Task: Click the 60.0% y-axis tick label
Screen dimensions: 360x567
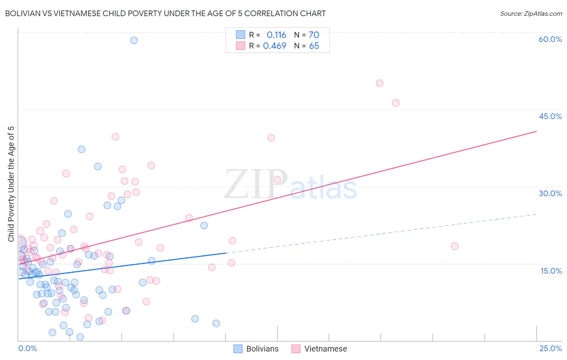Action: (x=550, y=39)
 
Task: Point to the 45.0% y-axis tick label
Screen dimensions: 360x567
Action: (x=550, y=116)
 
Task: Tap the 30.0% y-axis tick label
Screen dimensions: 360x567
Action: (x=550, y=193)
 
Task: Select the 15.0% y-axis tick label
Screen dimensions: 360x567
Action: (x=551, y=271)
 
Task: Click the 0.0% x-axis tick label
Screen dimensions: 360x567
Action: (x=27, y=348)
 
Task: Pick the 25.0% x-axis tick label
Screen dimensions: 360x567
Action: (x=550, y=348)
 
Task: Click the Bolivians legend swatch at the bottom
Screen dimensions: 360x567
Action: (x=238, y=349)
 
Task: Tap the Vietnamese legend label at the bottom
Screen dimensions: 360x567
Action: (x=325, y=349)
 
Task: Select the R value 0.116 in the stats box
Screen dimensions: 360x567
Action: (x=276, y=35)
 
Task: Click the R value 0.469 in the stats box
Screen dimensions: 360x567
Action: (x=274, y=46)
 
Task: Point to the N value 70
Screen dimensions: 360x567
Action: (x=314, y=35)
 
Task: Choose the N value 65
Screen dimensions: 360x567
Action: (x=314, y=46)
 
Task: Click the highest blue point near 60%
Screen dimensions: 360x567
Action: (x=134, y=40)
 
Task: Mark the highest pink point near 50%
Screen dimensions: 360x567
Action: (x=379, y=84)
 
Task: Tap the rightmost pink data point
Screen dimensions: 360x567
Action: (x=454, y=246)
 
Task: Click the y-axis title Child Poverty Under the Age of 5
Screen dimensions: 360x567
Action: (x=11, y=184)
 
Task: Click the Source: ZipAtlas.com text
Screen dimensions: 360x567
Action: (x=531, y=14)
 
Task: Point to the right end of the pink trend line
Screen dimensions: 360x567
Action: (x=536, y=132)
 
